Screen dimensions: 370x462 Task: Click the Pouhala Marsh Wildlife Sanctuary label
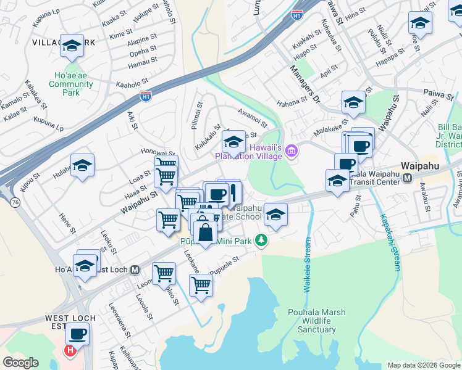[x=312, y=321]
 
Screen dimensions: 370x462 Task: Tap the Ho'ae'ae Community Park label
[x=71, y=84]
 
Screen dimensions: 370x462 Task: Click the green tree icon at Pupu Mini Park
[x=262, y=240]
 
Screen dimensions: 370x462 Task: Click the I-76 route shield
[x=13, y=201]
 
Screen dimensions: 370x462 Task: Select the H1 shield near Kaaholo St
[x=146, y=96]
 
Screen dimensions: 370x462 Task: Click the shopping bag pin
[x=206, y=232]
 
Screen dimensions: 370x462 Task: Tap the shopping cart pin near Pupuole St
[x=201, y=285]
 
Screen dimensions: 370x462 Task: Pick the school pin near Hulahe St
[x=82, y=165]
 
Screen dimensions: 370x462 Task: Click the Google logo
[x=20, y=362]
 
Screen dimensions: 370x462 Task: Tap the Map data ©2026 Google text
[x=423, y=365]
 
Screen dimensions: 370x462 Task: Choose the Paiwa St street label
[x=439, y=94]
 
